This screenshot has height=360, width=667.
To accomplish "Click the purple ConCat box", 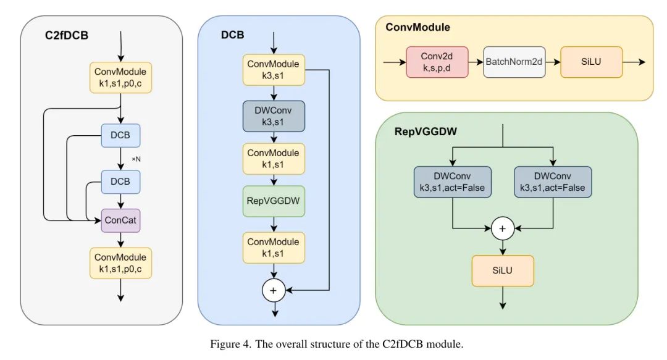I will [121, 220].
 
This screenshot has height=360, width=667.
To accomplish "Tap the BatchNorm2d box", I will [514, 62].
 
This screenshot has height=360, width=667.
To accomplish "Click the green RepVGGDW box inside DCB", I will [273, 201].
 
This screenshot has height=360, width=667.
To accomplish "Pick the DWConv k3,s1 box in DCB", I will [273, 115].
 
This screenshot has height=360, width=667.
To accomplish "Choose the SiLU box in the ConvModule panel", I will [591, 62].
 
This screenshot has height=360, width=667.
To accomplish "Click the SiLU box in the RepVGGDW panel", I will [503, 271].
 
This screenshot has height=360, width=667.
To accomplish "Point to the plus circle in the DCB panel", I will [273, 290].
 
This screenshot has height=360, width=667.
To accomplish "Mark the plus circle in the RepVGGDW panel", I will [503, 229].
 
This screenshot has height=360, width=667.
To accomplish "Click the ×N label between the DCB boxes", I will [136, 159].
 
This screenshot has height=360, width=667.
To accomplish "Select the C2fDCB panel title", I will [67, 35].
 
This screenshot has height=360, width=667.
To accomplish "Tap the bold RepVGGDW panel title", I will [422, 131].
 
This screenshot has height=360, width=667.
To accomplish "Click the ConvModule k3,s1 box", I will [273, 69].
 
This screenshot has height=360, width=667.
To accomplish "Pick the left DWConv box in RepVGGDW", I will [453, 182].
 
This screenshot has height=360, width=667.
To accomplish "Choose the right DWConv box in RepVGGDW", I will [553, 182].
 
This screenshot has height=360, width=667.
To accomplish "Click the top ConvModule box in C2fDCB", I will [121, 77].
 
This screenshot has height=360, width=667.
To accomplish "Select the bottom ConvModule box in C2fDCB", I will [121, 264].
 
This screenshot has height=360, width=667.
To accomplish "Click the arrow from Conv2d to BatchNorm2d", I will [476, 62].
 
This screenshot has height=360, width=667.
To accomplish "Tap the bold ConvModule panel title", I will [417, 27].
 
